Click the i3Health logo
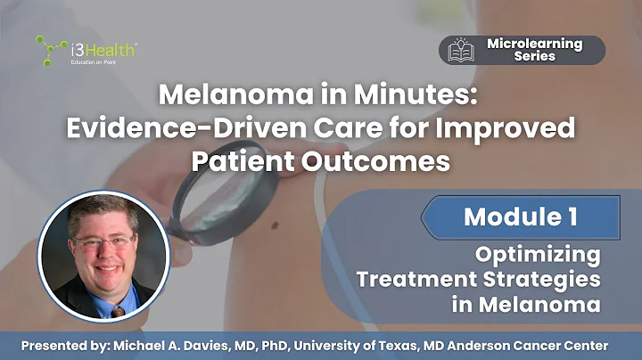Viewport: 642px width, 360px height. pos(86,50)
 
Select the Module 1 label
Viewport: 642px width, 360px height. pos(520,216)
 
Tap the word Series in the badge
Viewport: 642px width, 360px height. pos(534,56)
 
